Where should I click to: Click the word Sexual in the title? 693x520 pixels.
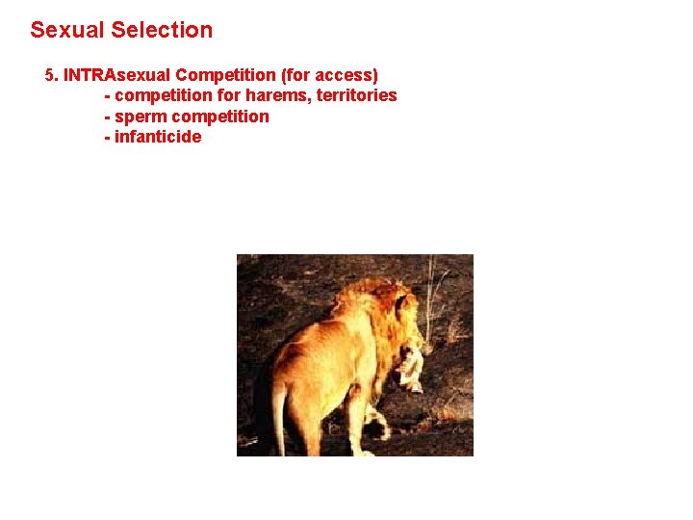[x=67, y=30]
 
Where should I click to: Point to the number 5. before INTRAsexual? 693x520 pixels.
[x=52, y=74]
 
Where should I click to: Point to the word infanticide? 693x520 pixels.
[x=158, y=137]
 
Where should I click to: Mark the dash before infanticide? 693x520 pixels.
[x=107, y=137]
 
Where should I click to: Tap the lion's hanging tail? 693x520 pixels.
[x=280, y=414]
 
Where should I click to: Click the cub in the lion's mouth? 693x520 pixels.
[x=412, y=366]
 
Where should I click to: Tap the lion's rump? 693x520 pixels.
[x=294, y=361]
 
